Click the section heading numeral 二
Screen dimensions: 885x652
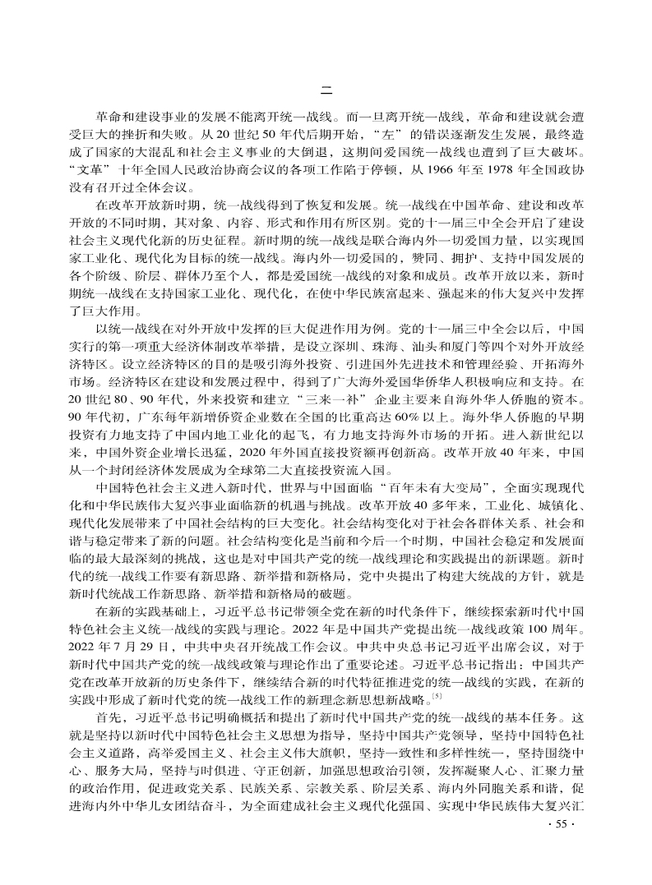coord(326,90)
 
